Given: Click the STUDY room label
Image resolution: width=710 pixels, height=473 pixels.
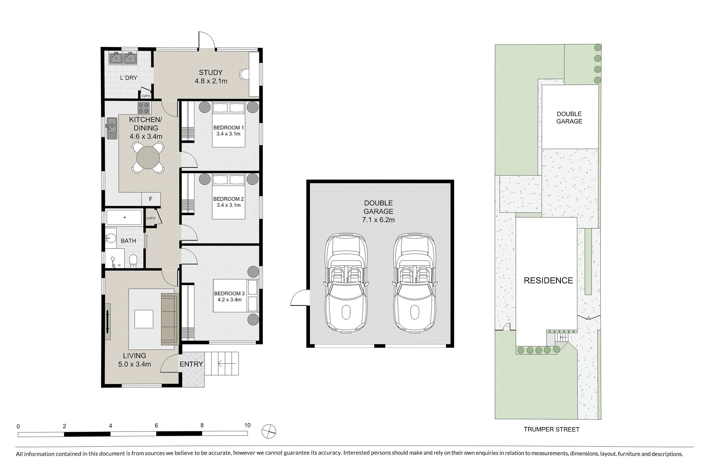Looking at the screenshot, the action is (211, 73).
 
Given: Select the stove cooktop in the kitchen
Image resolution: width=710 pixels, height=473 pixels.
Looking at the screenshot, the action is (144, 108).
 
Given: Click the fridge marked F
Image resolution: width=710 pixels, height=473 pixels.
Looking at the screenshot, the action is (151, 199).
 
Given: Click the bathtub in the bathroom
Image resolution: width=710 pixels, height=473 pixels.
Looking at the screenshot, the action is (124, 217).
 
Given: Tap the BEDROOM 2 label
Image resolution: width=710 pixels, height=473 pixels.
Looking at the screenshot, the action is (229, 199).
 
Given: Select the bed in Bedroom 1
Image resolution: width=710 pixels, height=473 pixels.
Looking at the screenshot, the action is (229, 125).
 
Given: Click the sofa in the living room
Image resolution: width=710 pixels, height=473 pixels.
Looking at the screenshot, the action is (169, 319).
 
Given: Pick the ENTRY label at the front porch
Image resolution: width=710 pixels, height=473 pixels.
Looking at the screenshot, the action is (191, 364).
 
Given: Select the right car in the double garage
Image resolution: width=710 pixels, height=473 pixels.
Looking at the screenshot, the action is (414, 282).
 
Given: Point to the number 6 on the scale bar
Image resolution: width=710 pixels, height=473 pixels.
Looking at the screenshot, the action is (156, 426).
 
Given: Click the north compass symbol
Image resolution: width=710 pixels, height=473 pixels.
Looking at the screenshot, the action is (268, 431).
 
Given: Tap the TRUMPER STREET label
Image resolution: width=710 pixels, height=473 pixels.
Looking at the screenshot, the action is (552, 429).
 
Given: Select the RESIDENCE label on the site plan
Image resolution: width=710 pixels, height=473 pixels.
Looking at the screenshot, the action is (548, 281).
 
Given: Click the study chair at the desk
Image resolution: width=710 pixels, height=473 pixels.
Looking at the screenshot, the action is (243, 74).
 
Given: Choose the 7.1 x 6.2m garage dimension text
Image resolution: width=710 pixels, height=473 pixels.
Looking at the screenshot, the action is (378, 220).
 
